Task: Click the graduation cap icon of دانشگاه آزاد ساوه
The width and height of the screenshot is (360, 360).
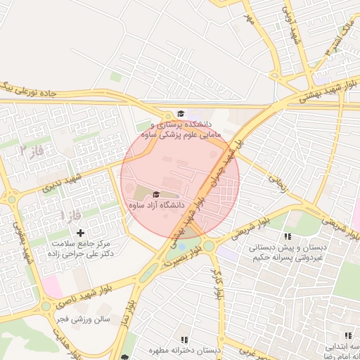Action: pos(155,195)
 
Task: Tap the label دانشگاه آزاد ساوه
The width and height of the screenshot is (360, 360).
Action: pos(156,205)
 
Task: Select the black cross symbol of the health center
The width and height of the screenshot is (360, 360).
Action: pos(80,232)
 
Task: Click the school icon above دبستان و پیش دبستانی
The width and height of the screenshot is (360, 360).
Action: pos(286,236)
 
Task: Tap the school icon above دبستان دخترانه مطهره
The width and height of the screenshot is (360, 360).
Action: pos(185,340)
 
